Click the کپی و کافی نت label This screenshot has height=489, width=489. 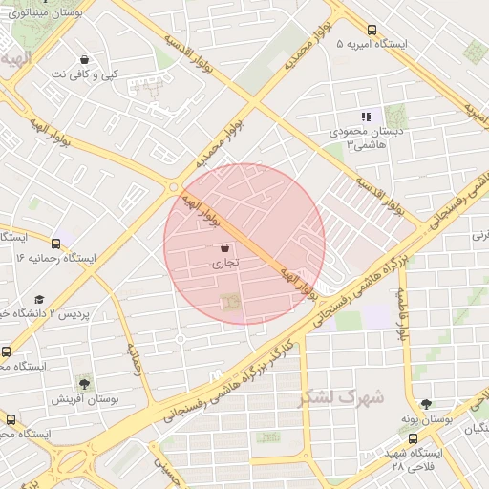click(85, 74)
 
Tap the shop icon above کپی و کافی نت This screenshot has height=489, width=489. click(85, 59)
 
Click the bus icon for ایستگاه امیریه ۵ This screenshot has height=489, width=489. click(372, 30)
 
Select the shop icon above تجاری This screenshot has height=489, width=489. click(224, 247)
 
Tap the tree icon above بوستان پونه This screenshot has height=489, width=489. click(425, 404)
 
